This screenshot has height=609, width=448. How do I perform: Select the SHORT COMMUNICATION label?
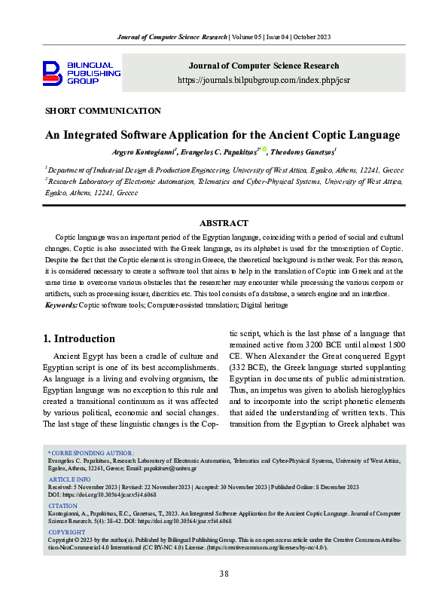click(103, 111)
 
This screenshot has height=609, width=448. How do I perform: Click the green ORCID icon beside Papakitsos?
click(264, 151)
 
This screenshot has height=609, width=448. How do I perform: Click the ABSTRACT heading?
click(224, 223)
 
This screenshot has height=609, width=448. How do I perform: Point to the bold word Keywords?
click(61, 304)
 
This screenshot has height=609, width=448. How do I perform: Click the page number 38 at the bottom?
click(224, 574)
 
